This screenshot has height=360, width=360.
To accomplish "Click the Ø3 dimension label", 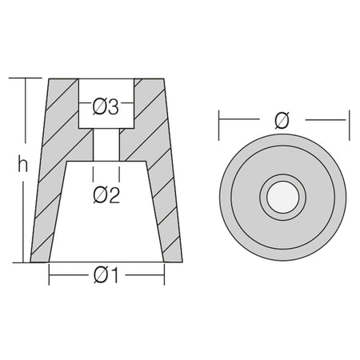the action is pyautogui.click(x=106, y=107).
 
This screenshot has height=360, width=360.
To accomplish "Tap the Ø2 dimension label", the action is pyautogui.click(x=106, y=195).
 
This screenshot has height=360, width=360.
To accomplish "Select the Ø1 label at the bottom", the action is pyautogui.click(x=106, y=275).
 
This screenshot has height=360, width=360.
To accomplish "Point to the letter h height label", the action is pyautogui.click(x=22, y=166).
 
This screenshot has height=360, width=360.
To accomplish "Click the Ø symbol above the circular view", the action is pyautogui.click(x=282, y=121).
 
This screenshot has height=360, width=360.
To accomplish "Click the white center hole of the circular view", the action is pyautogui.click(x=283, y=197).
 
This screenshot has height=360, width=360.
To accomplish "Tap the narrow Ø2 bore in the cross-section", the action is pyautogui.click(x=106, y=145).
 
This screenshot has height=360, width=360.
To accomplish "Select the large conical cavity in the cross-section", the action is pyautogui.click(x=106, y=211).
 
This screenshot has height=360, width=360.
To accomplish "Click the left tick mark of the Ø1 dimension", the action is pyautogui.click(x=49, y=274).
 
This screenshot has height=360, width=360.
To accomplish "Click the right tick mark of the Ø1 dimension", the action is pyautogui.click(x=164, y=274).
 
